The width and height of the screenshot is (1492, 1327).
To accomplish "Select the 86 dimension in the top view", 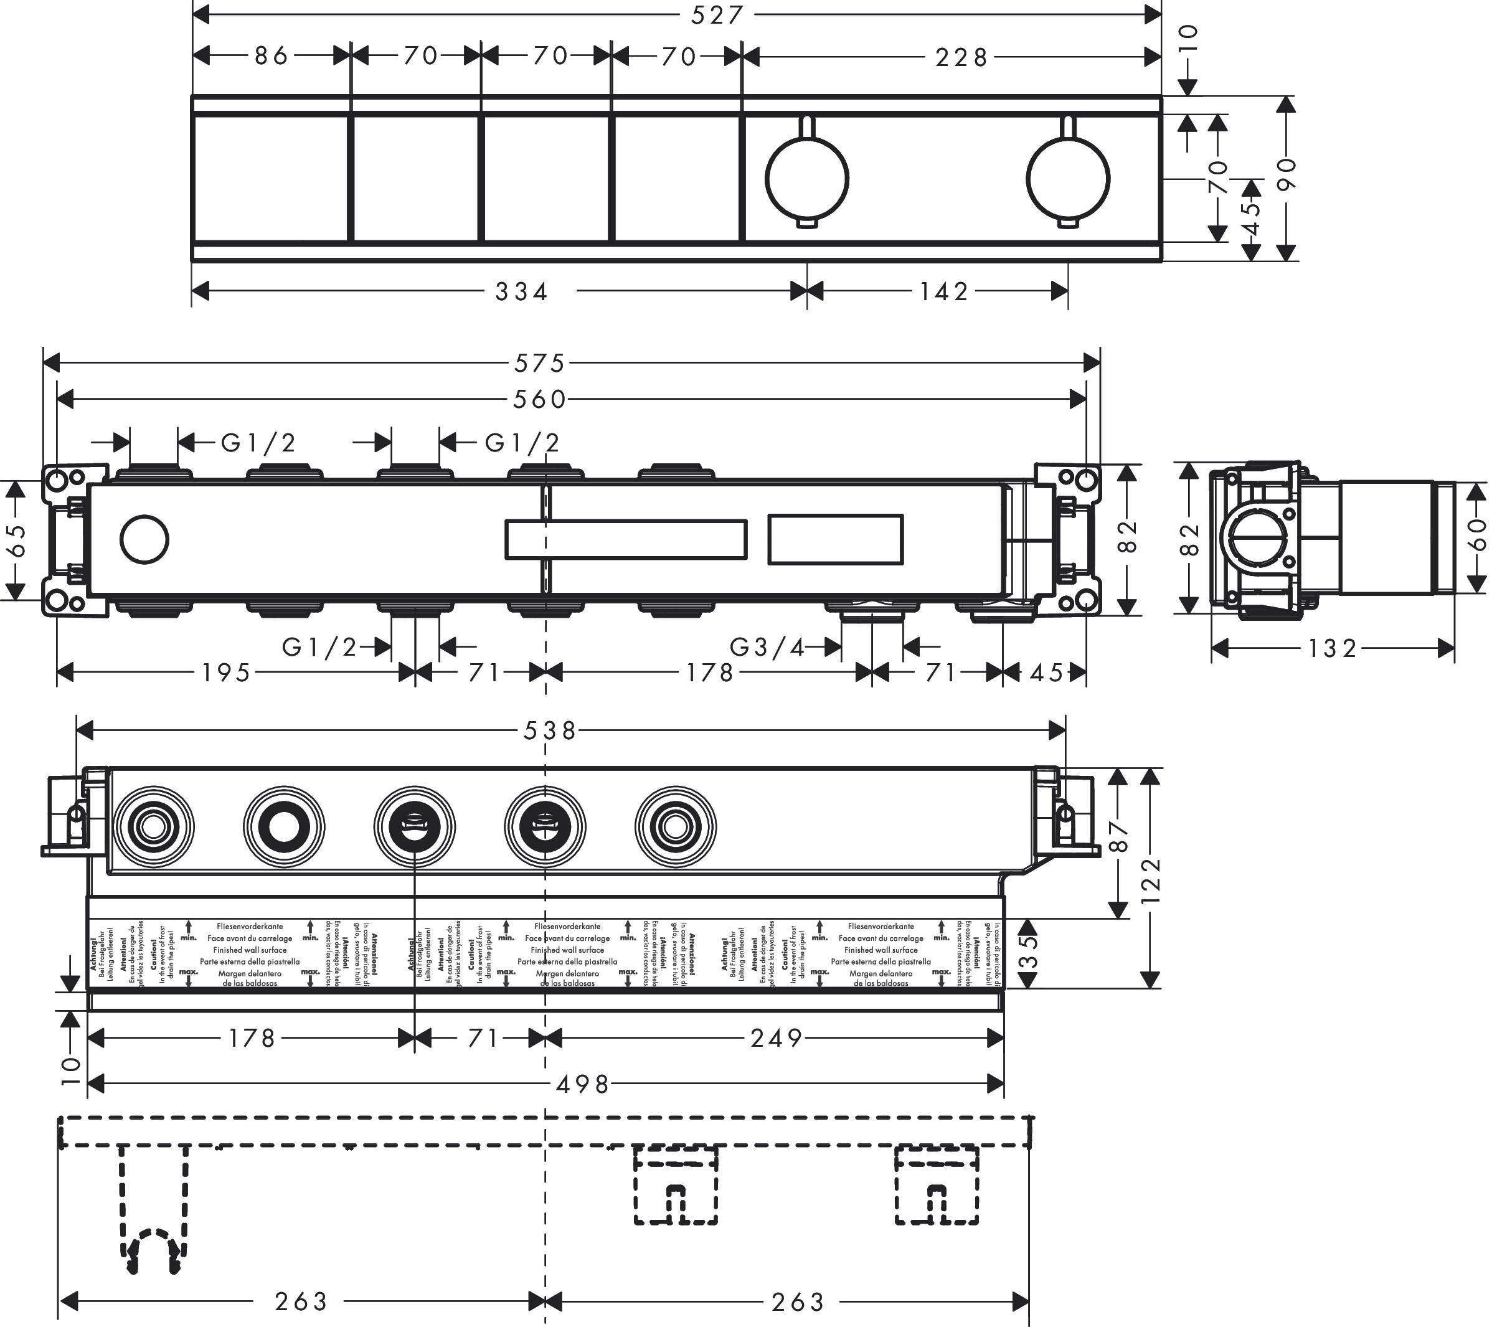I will click(271, 56).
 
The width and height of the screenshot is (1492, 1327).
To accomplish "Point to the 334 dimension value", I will click(521, 292).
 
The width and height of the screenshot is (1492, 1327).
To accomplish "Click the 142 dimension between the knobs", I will click(944, 292).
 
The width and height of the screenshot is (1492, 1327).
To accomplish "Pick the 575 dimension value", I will click(539, 363).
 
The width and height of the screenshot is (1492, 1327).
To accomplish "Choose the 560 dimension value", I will click(539, 399).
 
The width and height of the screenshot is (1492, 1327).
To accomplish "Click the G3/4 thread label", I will click(768, 647).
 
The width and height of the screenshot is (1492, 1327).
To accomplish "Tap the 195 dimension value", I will click(226, 673).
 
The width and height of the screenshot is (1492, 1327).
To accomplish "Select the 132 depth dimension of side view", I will click(1332, 648).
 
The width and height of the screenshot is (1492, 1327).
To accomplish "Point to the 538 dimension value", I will click(550, 730).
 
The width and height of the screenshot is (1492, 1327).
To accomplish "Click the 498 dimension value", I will click(582, 1085).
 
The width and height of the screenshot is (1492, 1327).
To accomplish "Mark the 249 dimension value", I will click(777, 1038).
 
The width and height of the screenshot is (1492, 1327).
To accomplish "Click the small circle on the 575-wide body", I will click(144, 539).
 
